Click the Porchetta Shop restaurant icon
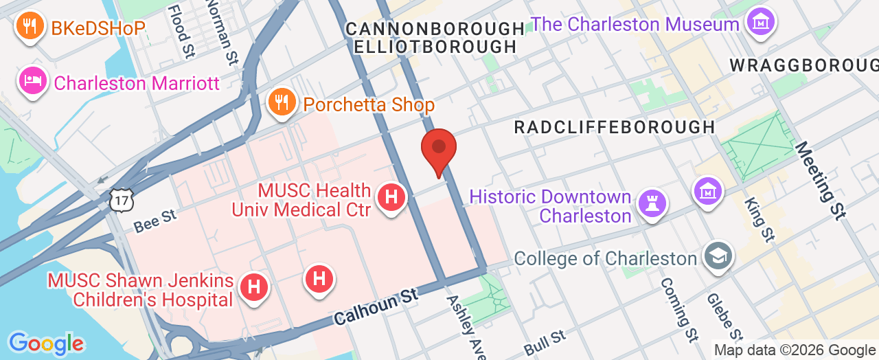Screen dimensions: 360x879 [282, 102]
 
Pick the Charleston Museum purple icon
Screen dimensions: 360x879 [760, 22]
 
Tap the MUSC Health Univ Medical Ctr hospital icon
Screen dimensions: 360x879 [391, 197]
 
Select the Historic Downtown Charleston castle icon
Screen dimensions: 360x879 [649, 201]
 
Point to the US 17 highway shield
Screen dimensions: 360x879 [119, 199]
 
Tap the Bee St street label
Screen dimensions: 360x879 [155, 221]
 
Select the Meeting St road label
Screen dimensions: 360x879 [819, 181]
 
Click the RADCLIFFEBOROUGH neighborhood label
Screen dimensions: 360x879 [615, 127]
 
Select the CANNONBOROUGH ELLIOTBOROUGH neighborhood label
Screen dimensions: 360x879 [435, 38]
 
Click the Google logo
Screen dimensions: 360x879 [46, 343]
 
